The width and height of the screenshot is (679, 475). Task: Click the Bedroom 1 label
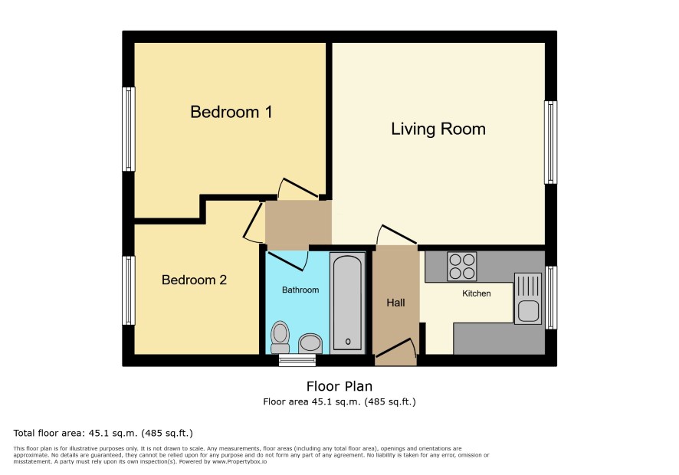(231, 112)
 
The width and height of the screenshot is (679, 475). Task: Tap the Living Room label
(438, 129)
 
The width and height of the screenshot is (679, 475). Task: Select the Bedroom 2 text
(194, 280)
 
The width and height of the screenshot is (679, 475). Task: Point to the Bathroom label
(300, 290)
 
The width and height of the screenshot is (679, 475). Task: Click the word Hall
(395, 303)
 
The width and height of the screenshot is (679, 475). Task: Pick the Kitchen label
(477, 293)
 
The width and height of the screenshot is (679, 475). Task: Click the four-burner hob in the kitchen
(461, 267)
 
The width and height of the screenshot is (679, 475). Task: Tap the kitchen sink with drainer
(528, 298)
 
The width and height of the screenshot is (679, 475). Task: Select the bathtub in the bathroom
(348, 303)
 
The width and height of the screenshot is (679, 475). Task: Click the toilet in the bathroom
(280, 337)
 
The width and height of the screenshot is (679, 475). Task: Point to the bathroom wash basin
(310, 343)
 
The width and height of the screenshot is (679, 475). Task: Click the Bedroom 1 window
(129, 129)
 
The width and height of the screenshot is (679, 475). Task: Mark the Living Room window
(550, 142)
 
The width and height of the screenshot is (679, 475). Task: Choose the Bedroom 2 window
(129, 290)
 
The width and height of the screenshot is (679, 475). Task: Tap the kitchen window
(551, 297)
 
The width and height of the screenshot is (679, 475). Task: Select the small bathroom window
(297, 360)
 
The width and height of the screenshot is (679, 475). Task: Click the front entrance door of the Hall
(395, 349)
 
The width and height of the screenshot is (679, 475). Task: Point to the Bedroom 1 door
(300, 188)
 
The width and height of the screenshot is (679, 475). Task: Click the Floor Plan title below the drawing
(339, 386)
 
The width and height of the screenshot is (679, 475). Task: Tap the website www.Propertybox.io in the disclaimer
(239, 461)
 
